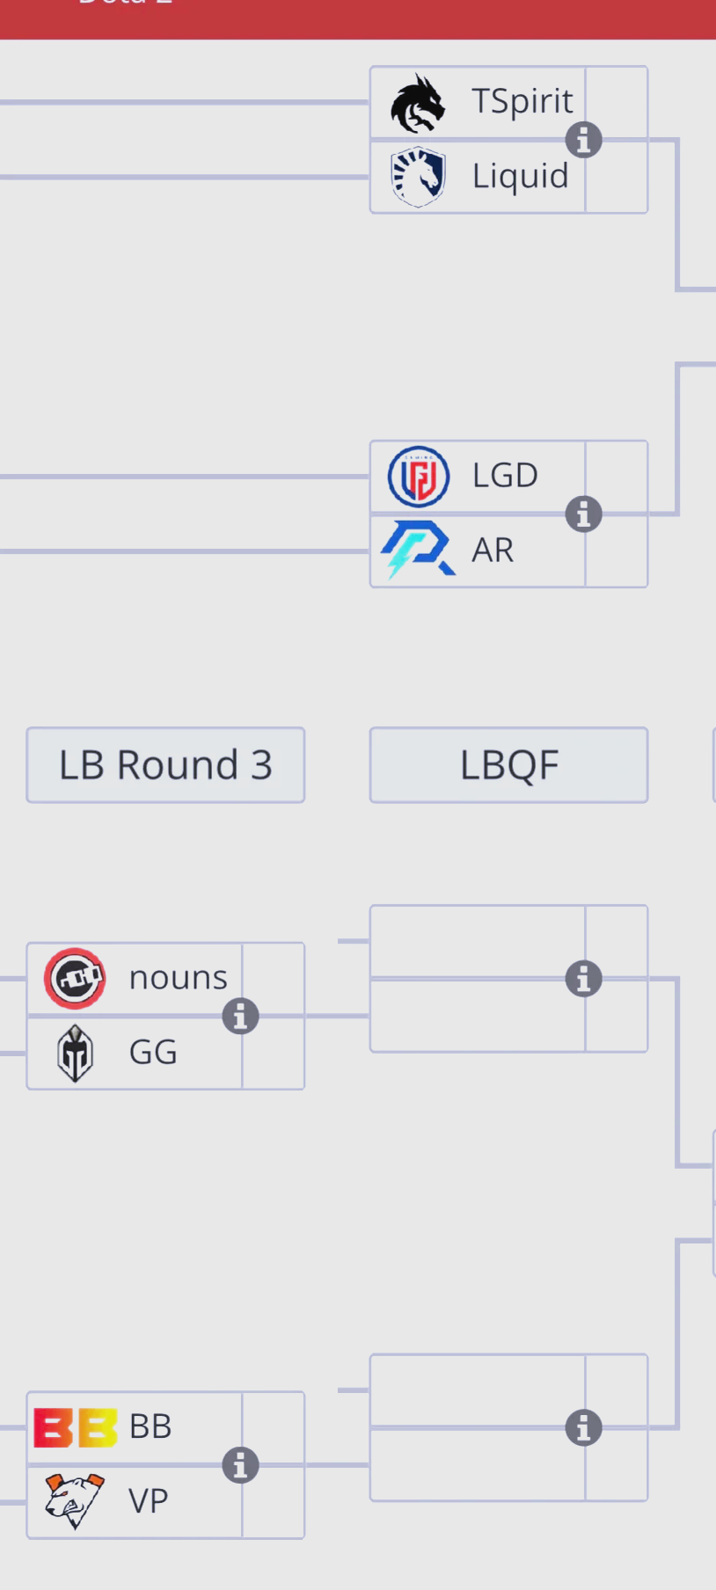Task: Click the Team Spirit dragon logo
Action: tap(418, 103)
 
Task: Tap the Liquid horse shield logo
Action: tap(419, 177)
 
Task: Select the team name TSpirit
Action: tap(522, 101)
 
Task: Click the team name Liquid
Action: tap(520, 176)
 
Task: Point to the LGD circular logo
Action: tap(419, 477)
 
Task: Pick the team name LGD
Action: tap(505, 476)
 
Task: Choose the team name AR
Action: tap(493, 551)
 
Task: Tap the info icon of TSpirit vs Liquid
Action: tap(583, 140)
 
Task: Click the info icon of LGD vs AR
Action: tap(583, 514)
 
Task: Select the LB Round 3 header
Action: tap(165, 765)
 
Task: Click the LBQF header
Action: tap(508, 765)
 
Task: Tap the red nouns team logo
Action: tap(75, 978)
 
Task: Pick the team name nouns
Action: tap(178, 978)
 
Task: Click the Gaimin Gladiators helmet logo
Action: tap(75, 1053)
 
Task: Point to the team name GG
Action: tap(153, 1053)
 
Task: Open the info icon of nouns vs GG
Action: tap(240, 1017)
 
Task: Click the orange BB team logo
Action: tap(75, 1427)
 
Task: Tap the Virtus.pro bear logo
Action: tap(75, 1501)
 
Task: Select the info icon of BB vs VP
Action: tap(240, 1465)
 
